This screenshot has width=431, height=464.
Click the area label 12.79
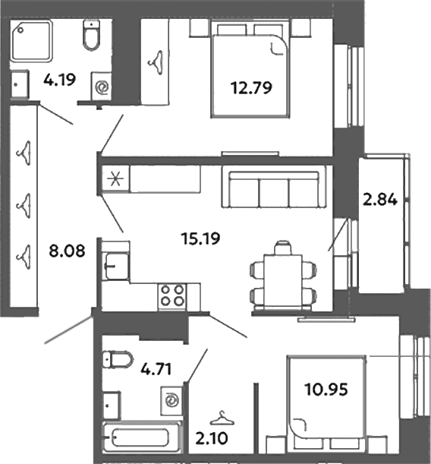point(251,88)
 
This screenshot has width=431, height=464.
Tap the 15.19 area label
point(201,238)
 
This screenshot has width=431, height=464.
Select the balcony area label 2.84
point(380,200)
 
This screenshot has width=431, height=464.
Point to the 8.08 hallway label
point(67,251)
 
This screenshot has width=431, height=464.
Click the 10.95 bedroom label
point(326,390)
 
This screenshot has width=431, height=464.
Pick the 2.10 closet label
point(212,438)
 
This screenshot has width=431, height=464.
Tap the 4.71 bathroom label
point(156,369)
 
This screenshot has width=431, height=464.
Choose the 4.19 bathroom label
point(59,80)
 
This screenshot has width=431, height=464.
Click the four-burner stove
point(172,296)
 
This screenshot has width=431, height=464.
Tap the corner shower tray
point(32,40)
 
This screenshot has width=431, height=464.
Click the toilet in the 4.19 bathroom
point(91,35)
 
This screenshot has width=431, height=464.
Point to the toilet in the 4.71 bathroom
point(118,359)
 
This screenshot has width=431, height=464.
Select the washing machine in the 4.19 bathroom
point(102,87)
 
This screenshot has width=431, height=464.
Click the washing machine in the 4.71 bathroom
point(171,401)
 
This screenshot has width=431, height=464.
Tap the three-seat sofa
point(274,186)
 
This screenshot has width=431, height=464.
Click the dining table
point(283,280)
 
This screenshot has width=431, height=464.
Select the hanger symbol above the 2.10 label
point(222,418)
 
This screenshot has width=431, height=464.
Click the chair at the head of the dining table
point(283,248)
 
